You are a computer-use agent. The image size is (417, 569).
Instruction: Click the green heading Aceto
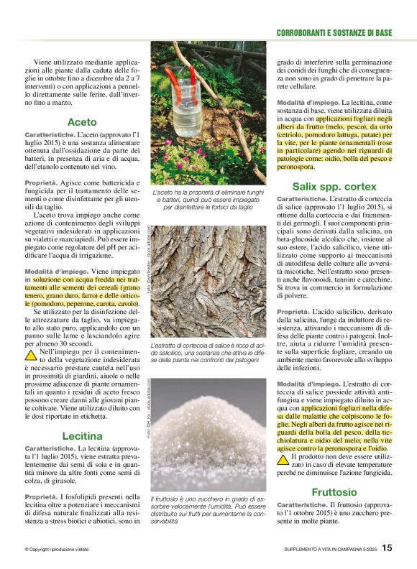pyautogui.click(x=82, y=122)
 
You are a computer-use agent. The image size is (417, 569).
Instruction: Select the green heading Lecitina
pyautogui.click(x=82, y=435)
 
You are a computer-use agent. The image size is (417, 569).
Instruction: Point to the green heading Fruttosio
pyautogui.click(x=334, y=492)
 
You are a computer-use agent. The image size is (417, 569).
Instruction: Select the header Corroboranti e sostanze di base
pyautogui.click(x=334, y=33)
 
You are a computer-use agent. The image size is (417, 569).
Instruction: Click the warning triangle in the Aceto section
pyautogui.click(x=31, y=355)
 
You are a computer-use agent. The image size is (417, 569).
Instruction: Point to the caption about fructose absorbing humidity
pyautogui.click(x=208, y=509)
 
